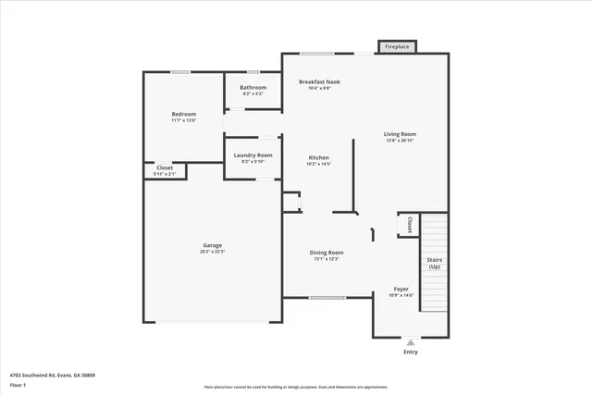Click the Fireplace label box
[x=396, y=45]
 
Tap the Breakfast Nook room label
[x=319, y=81]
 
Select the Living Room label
[x=401, y=134]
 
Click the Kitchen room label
[x=318, y=158]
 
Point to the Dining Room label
[x=327, y=253]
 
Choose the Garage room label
[x=213, y=245]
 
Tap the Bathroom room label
[x=253, y=88]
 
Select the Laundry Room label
[x=253, y=154]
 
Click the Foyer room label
[x=401, y=289]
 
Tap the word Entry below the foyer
[x=411, y=352]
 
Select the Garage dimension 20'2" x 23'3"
[x=213, y=252]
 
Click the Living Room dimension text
[x=401, y=141]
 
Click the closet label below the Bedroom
[x=164, y=167]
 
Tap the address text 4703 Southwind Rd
[x=52, y=375]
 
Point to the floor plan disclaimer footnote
[x=295, y=388]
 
